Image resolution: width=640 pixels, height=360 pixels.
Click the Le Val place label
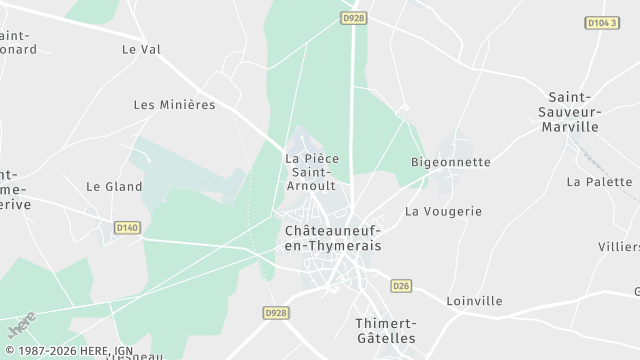[x=141, y=48]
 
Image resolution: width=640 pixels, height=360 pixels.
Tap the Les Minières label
[x=174, y=105]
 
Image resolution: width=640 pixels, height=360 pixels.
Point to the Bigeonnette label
[x=451, y=162]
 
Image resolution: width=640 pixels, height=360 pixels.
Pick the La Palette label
[x=599, y=182]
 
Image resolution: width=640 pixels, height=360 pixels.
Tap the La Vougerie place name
[x=443, y=212]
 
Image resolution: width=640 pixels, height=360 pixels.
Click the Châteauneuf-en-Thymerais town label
[x=333, y=237]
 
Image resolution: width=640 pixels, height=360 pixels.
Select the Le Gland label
[x=114, y=186]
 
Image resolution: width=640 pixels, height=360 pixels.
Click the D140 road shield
[x=127, y=228]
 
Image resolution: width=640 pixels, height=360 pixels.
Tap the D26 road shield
[x=402, y=285]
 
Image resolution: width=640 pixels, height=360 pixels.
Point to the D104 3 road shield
[x=603, y=22]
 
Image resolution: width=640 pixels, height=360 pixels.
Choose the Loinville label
[x=474, y=301]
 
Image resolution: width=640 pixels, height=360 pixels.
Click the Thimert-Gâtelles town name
[x=386, y=330]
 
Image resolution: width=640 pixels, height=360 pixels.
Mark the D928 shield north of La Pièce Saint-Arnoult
[x=351, y=18]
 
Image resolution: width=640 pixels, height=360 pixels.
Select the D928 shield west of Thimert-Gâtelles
[x=277, y=313]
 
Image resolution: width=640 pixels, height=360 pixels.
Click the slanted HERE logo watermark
[x=21, y=324]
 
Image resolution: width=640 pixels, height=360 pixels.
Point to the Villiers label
[x=618, y=247]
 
